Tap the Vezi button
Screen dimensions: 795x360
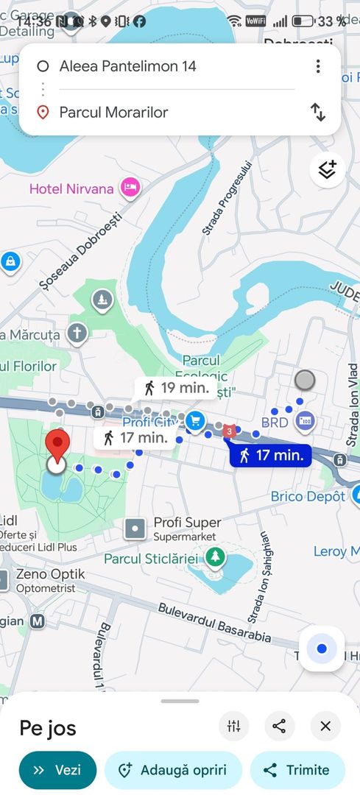point(57,770)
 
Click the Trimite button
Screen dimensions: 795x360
point(297,770)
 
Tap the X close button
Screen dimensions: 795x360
point(325,727)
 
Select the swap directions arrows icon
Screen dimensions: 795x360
point(317,112)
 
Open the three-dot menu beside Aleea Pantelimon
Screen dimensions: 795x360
point(318,66)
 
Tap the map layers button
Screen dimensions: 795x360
point(327,170)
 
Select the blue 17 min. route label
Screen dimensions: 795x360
point(271,456)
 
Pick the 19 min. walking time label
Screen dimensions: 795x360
point(176,387)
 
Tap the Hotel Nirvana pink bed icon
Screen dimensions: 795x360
point(131,188)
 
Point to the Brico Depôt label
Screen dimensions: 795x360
point(308,497)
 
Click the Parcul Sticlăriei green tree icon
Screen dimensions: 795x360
point(215,556)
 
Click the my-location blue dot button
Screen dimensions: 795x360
point(322,649)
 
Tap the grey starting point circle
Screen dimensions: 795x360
point(304,381)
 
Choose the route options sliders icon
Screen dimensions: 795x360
point(234,727)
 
